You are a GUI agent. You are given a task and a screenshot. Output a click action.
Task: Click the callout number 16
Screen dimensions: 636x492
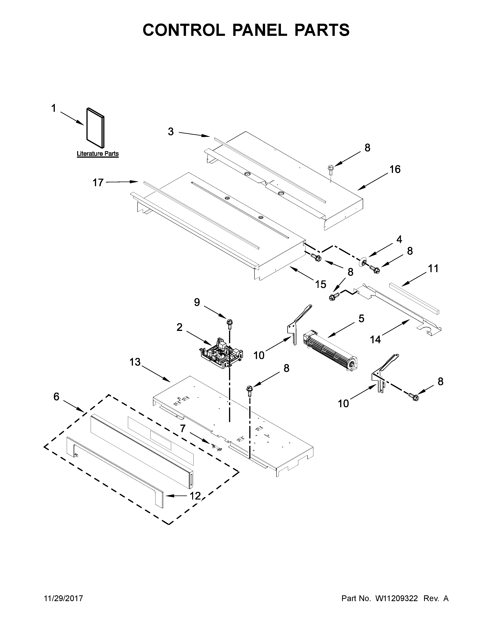point(395,169)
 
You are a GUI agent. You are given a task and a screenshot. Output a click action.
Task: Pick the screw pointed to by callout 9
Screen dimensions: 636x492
point(230,323)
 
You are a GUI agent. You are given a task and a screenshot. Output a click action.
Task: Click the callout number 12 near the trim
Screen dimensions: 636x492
point(195,496)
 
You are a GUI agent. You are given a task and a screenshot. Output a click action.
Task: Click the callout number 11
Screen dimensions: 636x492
point(433,268)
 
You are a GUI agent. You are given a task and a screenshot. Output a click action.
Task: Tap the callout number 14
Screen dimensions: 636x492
point(375,340)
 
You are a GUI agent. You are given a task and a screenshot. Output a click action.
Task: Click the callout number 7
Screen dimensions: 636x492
point(183,428)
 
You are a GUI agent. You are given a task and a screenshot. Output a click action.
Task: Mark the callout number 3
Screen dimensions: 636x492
point(171,132)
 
